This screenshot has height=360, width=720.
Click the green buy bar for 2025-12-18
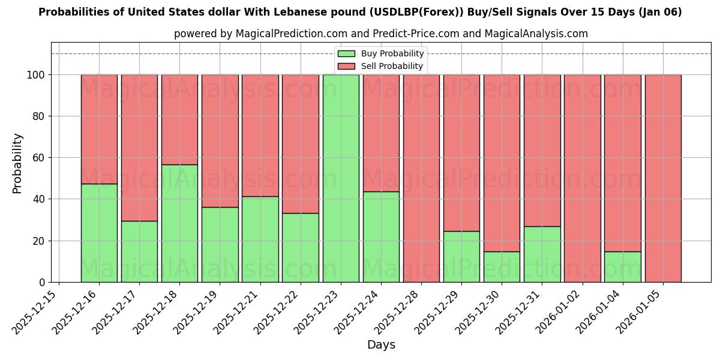179,223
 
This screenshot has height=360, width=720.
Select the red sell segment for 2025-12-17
139,148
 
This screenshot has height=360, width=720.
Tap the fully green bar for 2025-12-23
341,178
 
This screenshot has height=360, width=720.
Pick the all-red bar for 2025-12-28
421,178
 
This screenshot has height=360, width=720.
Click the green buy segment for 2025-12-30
502,266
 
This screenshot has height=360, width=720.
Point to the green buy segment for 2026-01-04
622,266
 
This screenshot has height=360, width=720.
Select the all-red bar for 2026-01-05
663,178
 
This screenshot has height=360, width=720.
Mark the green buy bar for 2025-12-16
99,233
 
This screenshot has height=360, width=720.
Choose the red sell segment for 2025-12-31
542,150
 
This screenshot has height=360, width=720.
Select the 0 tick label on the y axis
41,282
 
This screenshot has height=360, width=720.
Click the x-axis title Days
381,345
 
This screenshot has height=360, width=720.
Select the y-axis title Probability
17,163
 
